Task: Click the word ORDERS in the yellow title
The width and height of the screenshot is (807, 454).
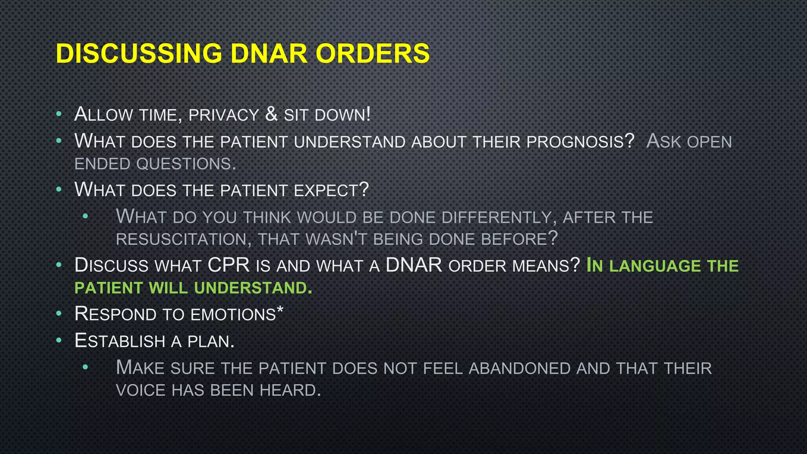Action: [372, 54]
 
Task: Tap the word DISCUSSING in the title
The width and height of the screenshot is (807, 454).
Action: [139, 54]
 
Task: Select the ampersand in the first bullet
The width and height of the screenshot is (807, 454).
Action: [271, 114]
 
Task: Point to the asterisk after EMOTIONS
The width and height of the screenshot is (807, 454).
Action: [280, 310]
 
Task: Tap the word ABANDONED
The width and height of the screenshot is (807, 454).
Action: [520, 368]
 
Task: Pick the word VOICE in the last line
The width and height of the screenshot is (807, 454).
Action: [141, 391]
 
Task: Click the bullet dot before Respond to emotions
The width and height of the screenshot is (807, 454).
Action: [59, 314]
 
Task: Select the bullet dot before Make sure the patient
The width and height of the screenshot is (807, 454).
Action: [86, 367]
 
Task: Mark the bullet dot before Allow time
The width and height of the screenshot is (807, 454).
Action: [59, 114]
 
